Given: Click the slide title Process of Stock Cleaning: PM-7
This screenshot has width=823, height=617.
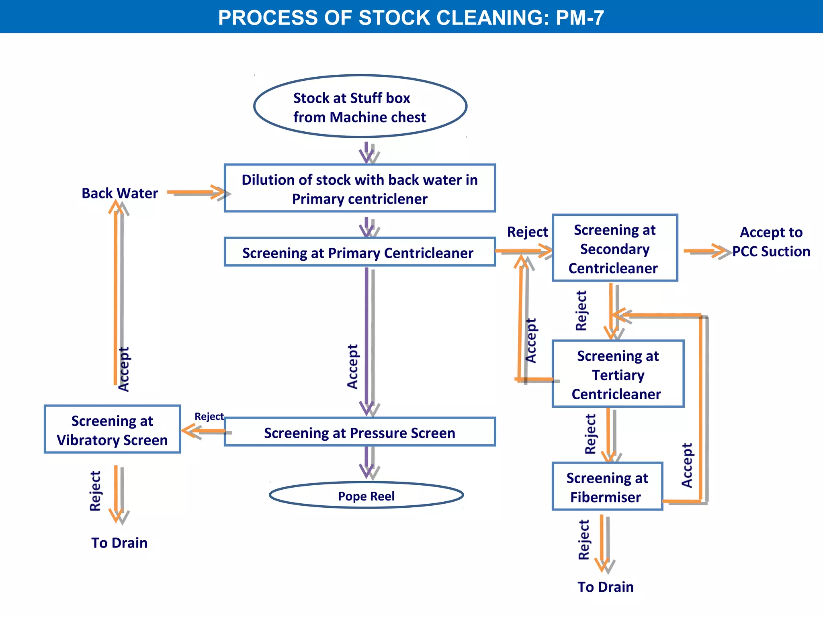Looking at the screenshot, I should (411, 18).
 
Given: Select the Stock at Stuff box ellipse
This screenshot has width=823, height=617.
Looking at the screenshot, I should (360, 106).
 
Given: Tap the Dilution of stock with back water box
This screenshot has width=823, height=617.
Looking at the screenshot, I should (360, 188).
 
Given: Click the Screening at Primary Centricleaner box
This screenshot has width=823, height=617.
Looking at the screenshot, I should (360, 252).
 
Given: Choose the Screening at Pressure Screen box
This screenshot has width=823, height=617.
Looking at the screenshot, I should (360, 432).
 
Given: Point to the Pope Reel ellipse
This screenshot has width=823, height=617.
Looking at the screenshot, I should (366, 495).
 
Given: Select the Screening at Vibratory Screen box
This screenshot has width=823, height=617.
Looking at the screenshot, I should (112, 429).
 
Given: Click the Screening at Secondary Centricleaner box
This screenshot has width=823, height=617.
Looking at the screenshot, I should (614, 248).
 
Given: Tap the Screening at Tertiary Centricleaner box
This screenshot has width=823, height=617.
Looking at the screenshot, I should (618, 374).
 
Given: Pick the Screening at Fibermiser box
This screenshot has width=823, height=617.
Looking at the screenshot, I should (607, 487).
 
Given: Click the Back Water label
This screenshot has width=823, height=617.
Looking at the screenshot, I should (120, 193).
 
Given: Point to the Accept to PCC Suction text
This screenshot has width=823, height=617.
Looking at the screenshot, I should (771, 242).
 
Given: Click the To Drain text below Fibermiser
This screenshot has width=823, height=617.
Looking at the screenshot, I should (605, 587).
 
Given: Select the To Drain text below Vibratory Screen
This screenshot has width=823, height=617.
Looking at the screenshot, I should (119, 543).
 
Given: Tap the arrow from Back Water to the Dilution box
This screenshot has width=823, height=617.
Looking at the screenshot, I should (198, 193).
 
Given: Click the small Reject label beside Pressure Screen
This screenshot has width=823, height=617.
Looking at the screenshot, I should (209, 417).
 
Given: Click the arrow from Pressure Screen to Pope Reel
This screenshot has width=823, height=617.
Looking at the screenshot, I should (368, 462).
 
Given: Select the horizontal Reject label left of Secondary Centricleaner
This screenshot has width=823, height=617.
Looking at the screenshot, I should (527, 232).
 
